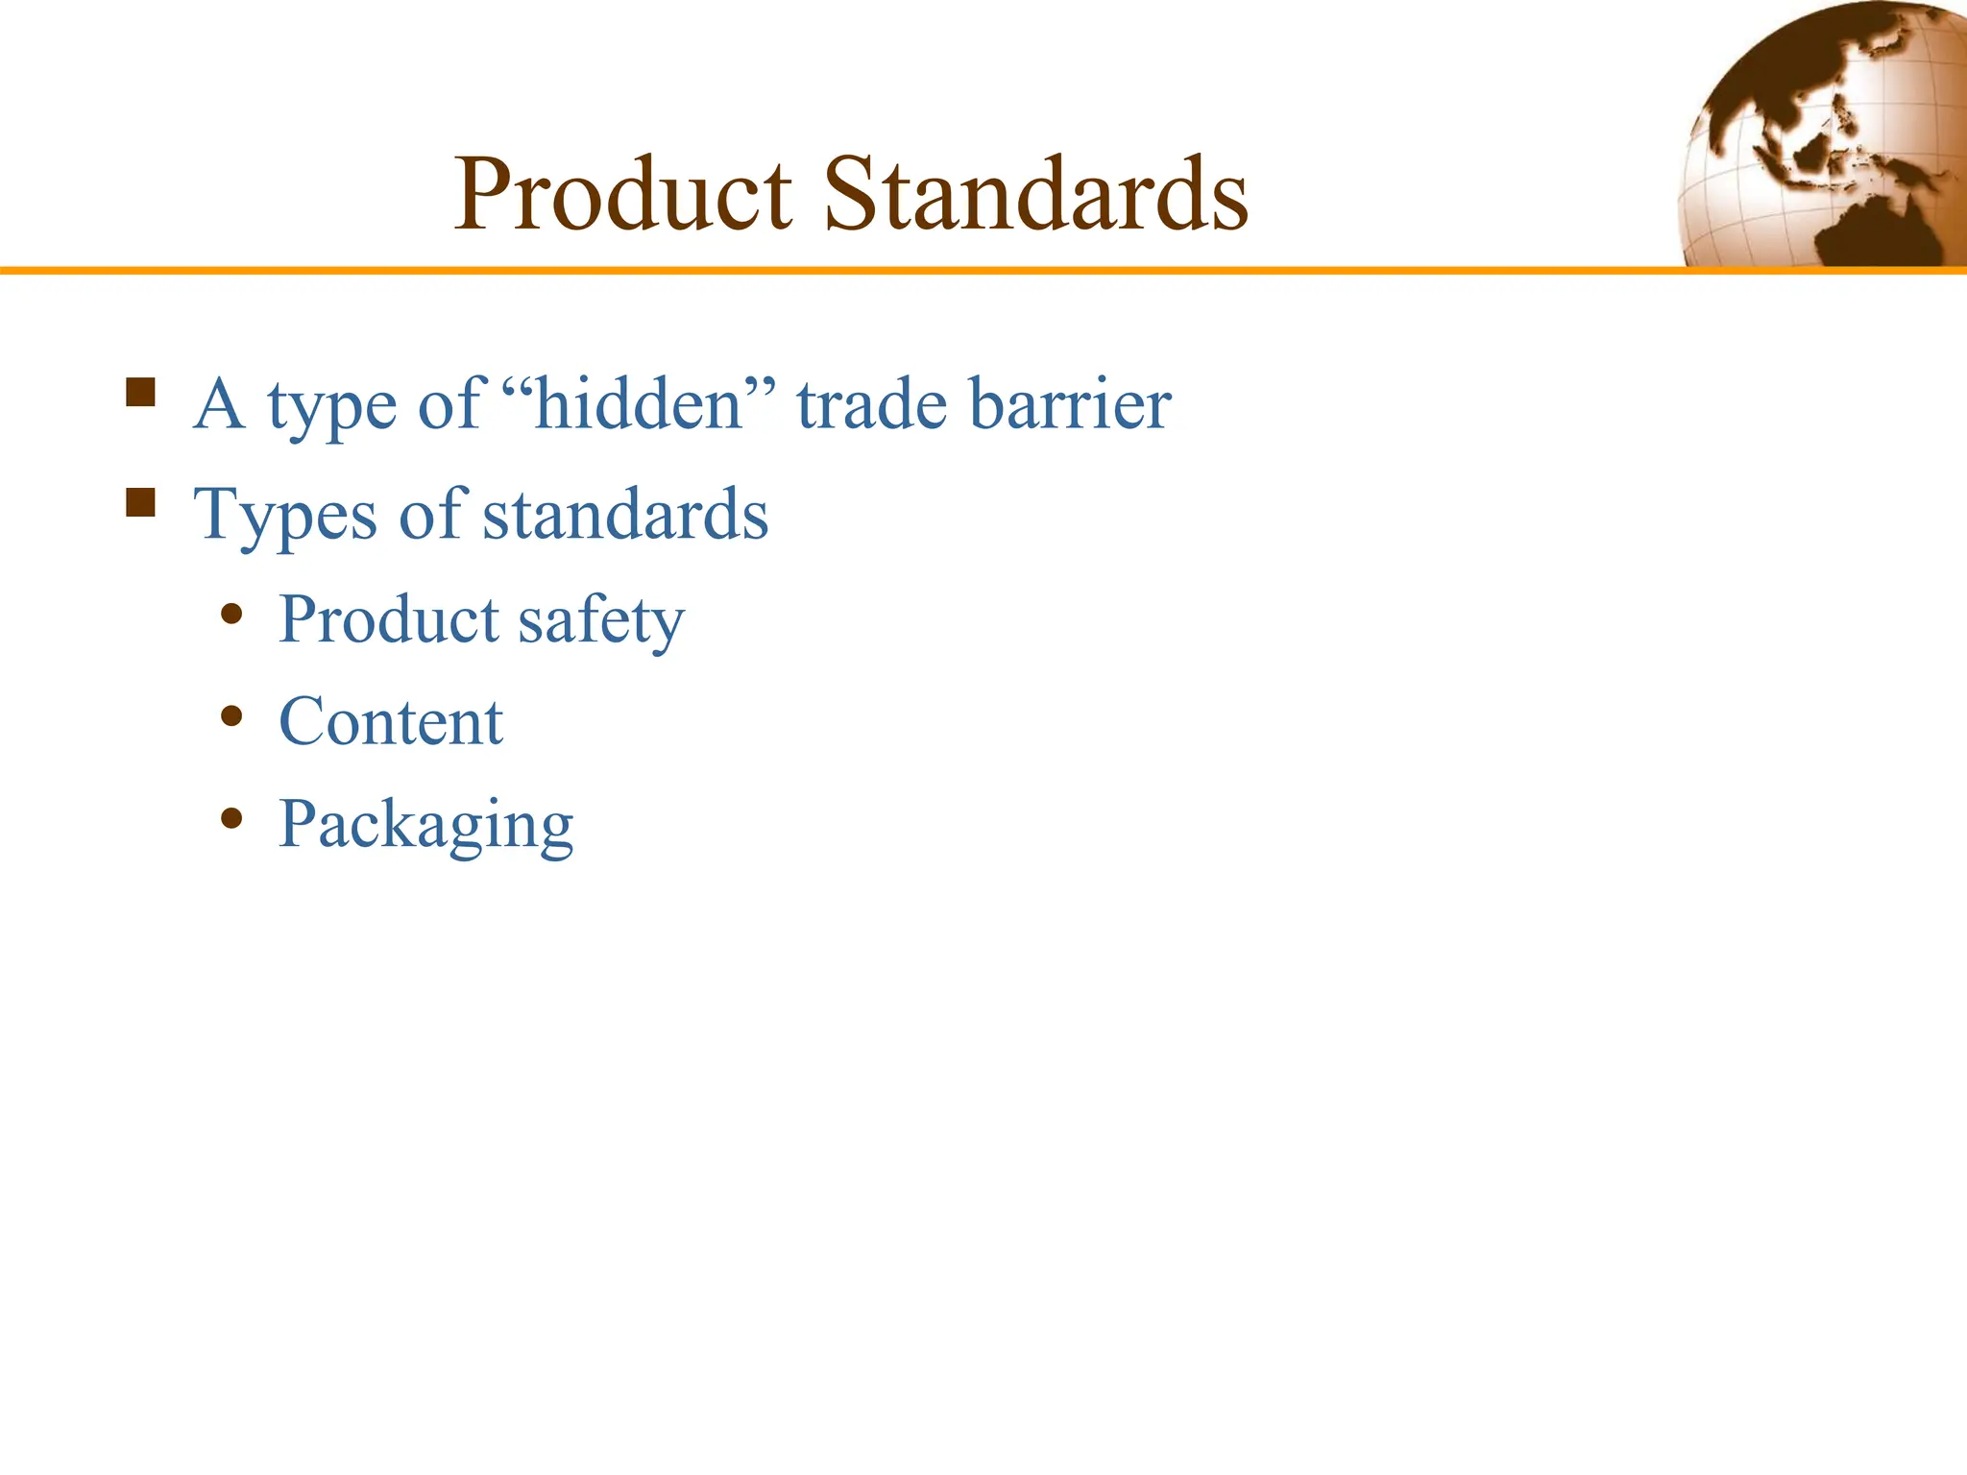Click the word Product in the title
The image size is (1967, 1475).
623,195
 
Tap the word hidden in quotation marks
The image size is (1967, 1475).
638,404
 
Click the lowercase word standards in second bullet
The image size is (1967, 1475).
625,515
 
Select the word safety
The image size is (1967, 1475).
601,620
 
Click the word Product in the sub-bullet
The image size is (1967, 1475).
389,619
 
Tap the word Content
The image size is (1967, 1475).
391,722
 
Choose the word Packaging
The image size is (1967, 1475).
425,825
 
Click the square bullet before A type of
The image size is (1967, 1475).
140,393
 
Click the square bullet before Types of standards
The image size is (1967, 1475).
140,502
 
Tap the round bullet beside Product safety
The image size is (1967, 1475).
231,614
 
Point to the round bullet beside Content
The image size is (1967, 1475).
231,715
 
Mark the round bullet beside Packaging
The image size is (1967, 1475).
231,818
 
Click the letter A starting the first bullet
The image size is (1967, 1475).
218,404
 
